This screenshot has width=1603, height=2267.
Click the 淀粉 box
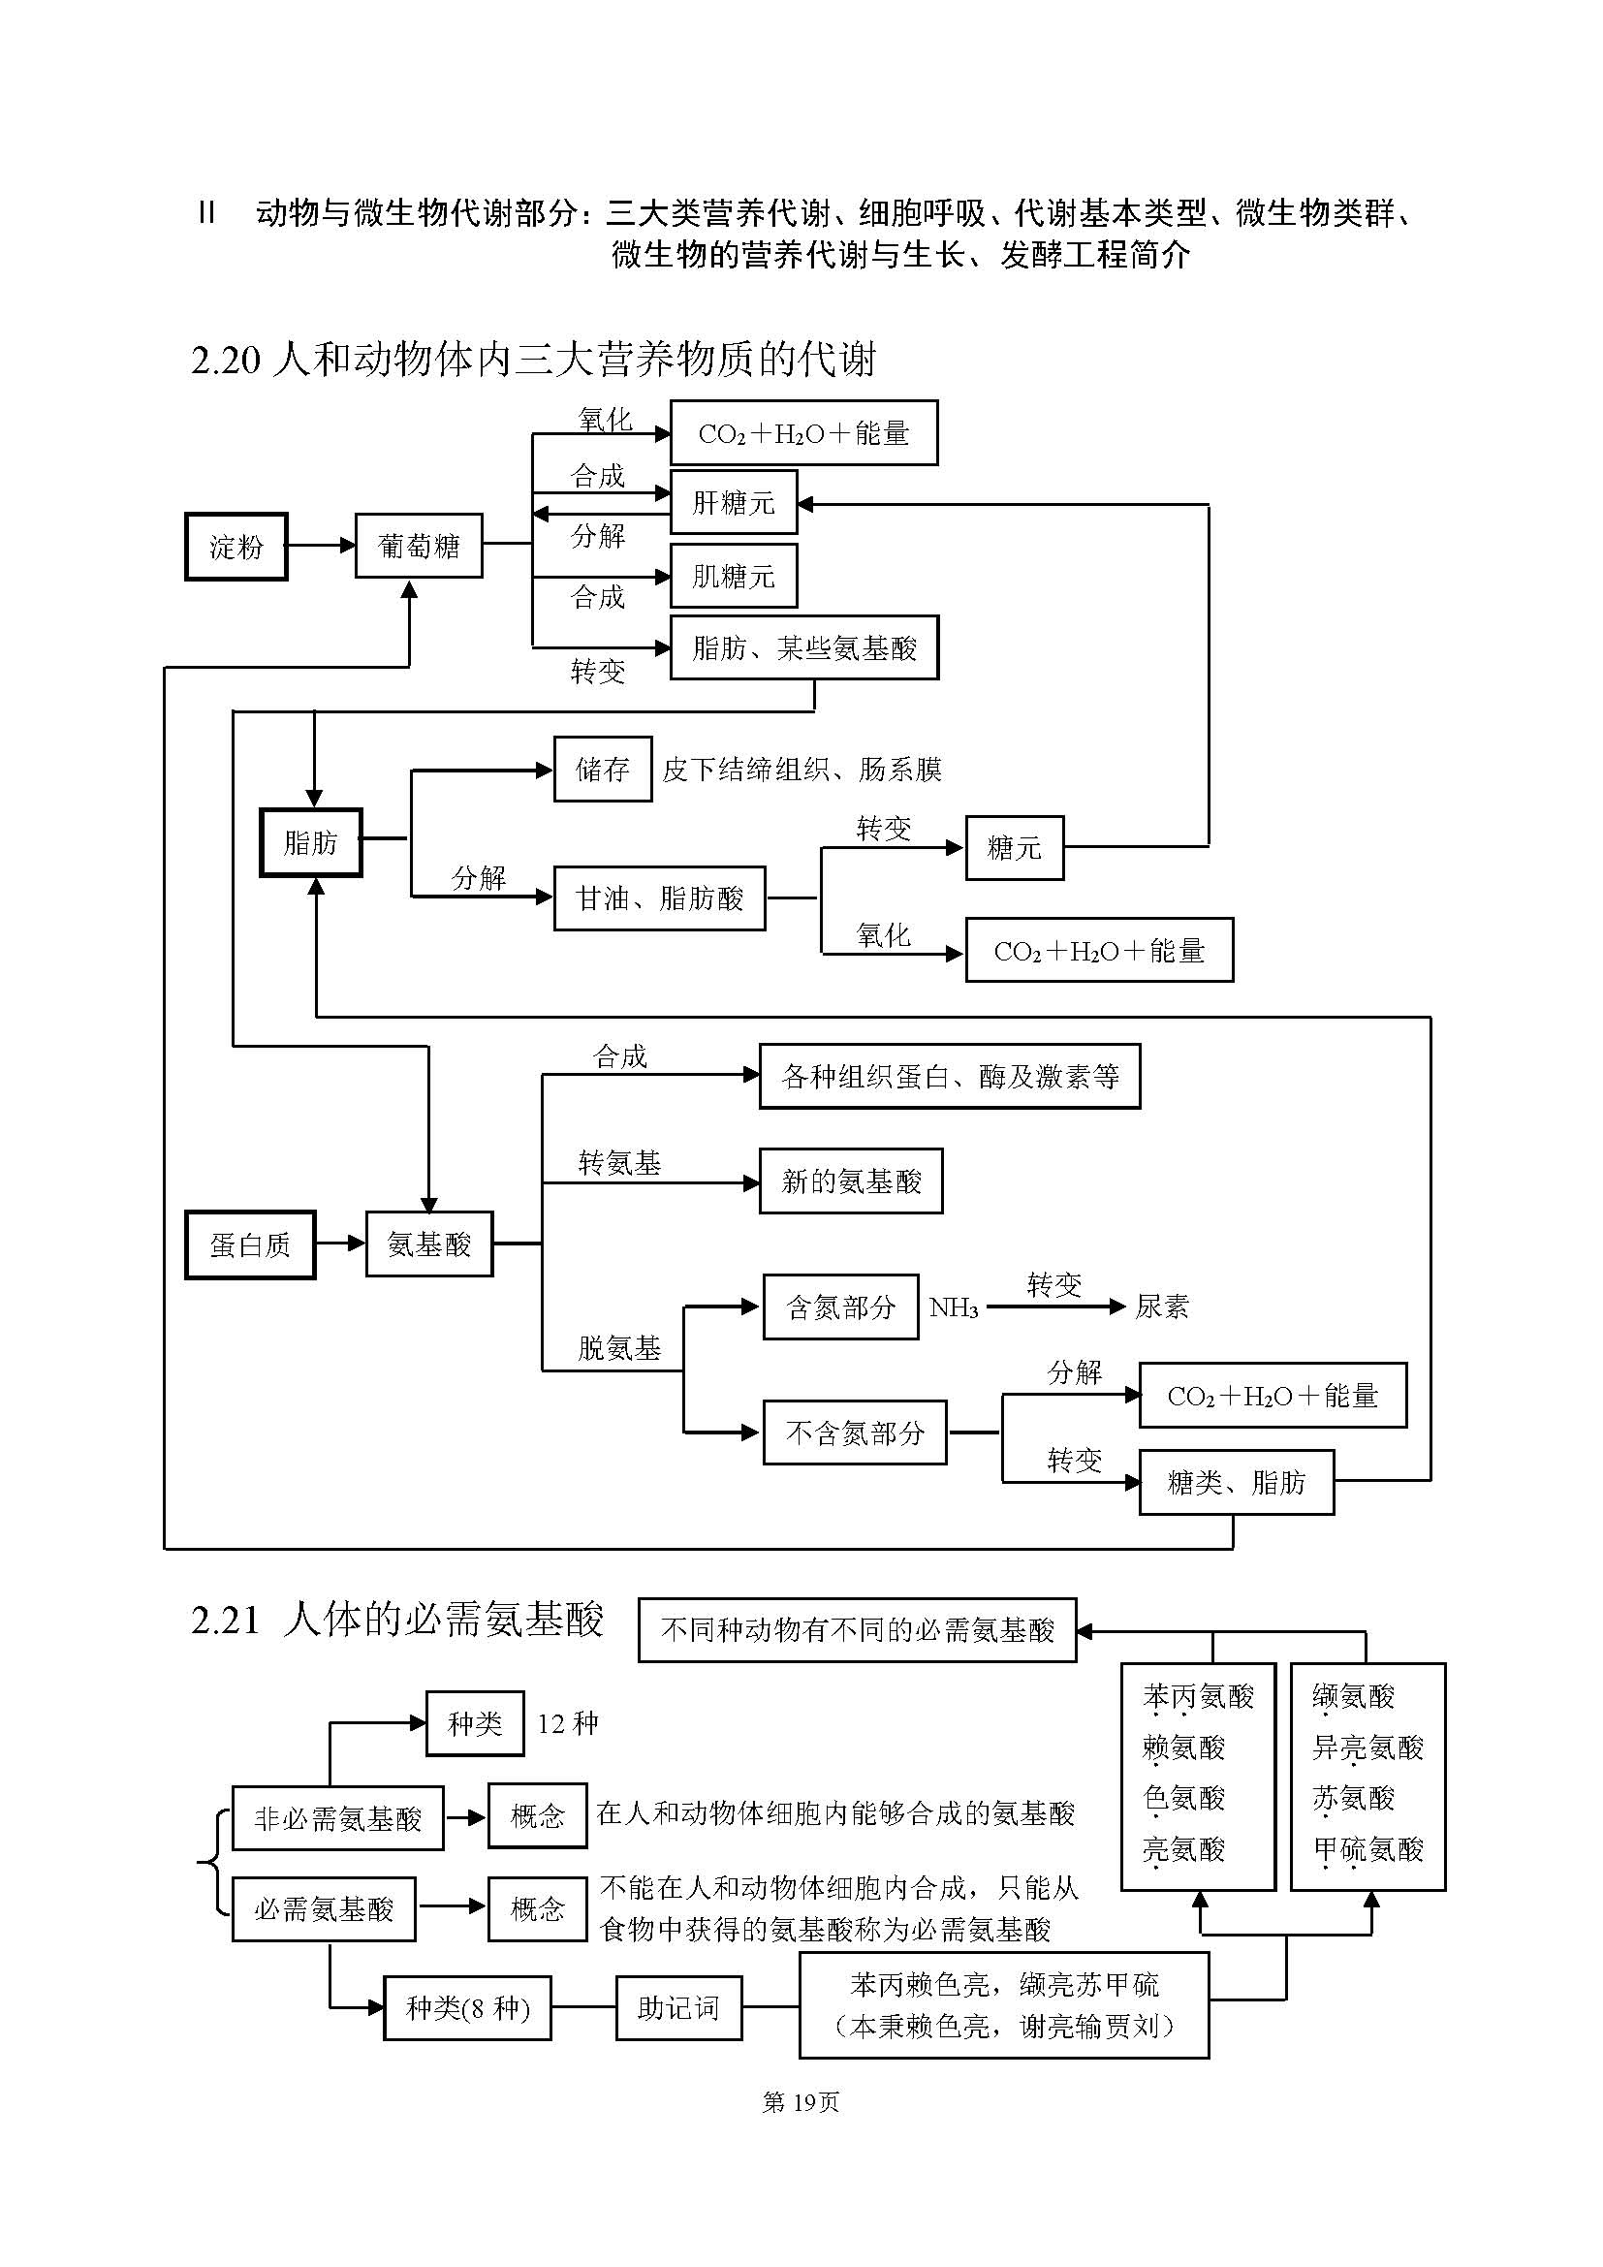point(236,546)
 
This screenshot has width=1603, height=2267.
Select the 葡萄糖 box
point(419,546)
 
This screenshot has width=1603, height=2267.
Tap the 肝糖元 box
point(733,503)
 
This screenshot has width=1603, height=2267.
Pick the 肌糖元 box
point(733,576)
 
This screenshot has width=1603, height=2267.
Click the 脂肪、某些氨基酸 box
point(803,647)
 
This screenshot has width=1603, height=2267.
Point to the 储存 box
point(602,769)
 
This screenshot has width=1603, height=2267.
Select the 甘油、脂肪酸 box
point(659,898)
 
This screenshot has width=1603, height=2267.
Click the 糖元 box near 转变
point(1014,847)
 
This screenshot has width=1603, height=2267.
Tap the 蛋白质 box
point(250,1245)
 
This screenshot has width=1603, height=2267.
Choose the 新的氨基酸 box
point(850,1181)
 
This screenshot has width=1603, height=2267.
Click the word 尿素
point(1161,1307)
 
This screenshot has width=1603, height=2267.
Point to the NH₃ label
point(954,1308)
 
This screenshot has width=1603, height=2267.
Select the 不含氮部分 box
point(854,1433)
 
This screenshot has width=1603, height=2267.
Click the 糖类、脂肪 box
point(1236,1482)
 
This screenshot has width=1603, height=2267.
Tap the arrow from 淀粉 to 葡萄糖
point(321,545)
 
